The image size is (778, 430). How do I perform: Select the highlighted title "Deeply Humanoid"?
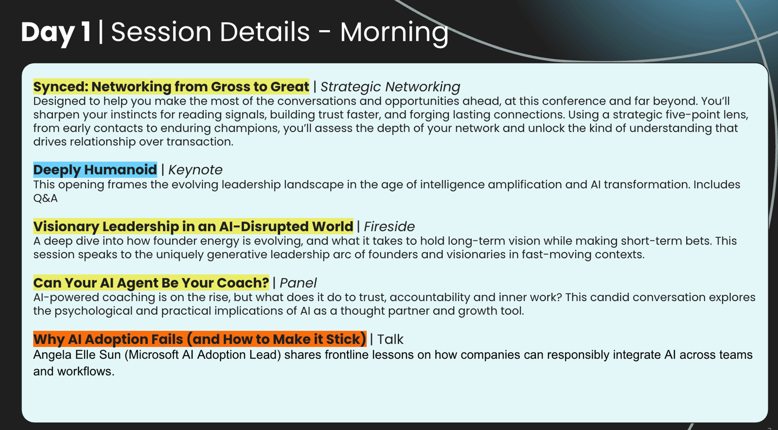pyautogui.click(x=95, y=170)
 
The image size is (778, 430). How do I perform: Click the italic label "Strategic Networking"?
pyautogui.click(x=390, y=87)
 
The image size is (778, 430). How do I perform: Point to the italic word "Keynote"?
pyautogui.click(x=195, y=170)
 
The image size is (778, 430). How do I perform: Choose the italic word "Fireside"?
pyautogui.click(x=389, y=227)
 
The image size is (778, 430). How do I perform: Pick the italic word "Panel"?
pyautogui.click(x=298, y=283)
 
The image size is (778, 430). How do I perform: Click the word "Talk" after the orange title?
pyautogui.click(x=390, y=340)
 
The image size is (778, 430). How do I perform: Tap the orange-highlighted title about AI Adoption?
pyautogui.click(x=200, y=339)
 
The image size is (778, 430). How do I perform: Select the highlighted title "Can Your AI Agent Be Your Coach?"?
pyautogui.click(x=151, y=283)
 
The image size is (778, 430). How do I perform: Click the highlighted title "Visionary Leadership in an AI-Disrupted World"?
pyautogui.click(x=193, y=227)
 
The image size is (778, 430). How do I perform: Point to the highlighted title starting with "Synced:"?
pyautogui.click(x=171, y=87)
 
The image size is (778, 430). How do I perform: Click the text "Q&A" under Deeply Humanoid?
pyautogui.click(x=45, y=198)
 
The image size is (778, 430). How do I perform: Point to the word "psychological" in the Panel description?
pyautogui.click(x=93, y=311)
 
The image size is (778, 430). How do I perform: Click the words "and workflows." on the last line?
pyautogui.click(x=73, y=371)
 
